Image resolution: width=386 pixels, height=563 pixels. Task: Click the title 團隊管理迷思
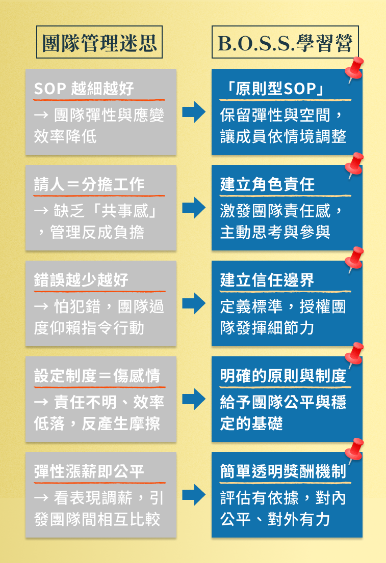coord(99,43)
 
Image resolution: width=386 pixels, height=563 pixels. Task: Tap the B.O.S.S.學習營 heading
coord(285,43)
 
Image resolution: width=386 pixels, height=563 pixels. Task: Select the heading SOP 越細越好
coord(84,89)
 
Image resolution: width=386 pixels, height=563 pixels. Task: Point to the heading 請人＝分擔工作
coord(89,184)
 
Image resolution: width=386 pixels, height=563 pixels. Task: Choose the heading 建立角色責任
coord(267,184)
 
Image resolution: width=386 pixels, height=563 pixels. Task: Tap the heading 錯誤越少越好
coord(81,280)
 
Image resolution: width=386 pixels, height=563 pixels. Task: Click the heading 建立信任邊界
coord(267,280)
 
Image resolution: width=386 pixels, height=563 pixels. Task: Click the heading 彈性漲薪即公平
coord(89,471)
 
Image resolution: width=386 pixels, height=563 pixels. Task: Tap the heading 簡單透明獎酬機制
coord(283,471)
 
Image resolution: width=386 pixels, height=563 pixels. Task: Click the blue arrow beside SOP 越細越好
coord(194,112)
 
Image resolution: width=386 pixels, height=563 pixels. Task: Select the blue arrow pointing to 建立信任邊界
coord(194,303)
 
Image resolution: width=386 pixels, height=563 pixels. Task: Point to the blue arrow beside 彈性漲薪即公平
coord(194,495)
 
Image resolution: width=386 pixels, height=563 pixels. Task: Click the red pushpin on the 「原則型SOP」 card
coord(354,69)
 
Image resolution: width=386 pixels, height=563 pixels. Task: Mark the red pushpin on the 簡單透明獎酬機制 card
coord(354,451)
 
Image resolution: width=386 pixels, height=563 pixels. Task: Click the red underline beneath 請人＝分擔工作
coord(99,195)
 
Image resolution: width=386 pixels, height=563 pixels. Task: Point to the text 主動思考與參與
coord(275,232)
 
